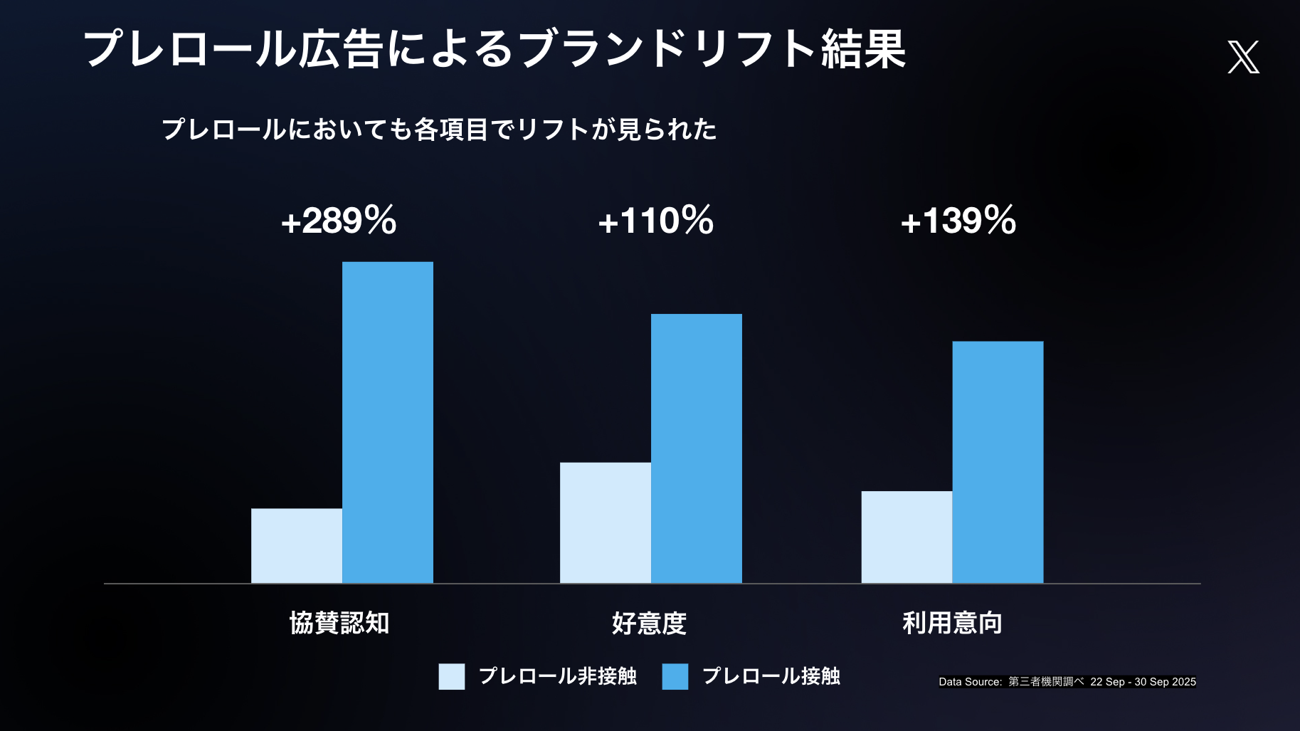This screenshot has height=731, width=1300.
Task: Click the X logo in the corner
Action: tap(1243, 57)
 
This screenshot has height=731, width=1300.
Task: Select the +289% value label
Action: tap(339, 220)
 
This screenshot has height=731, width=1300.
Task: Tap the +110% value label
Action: tap(655, 220)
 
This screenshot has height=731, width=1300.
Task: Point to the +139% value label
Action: tap(958, 220)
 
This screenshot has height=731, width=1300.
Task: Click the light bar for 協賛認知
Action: tap(297, 545)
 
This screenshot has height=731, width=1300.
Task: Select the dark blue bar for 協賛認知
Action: tap(388, 422)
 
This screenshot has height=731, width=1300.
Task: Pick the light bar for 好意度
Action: tap(606, 522)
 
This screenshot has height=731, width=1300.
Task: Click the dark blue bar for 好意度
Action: tap(697, 448)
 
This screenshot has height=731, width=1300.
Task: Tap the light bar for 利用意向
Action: tap(907, 537)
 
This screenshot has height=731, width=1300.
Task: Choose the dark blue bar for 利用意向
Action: tap(998, 462)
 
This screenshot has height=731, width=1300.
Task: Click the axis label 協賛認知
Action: tap(339, 623)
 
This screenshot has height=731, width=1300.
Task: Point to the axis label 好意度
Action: tap(649, 623)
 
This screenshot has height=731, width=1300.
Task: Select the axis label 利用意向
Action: tap(952, 623)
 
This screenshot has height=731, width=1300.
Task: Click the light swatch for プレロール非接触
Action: tap(452, 676)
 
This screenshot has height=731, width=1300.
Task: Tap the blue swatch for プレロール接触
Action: tap(675, 676)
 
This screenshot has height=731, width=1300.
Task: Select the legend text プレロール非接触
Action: tap(557, 675)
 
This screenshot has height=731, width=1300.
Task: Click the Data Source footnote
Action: tap(1067, 682)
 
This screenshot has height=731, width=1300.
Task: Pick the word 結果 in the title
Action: tap(863, 49)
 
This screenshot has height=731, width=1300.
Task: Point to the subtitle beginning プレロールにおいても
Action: tap(439, 130)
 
